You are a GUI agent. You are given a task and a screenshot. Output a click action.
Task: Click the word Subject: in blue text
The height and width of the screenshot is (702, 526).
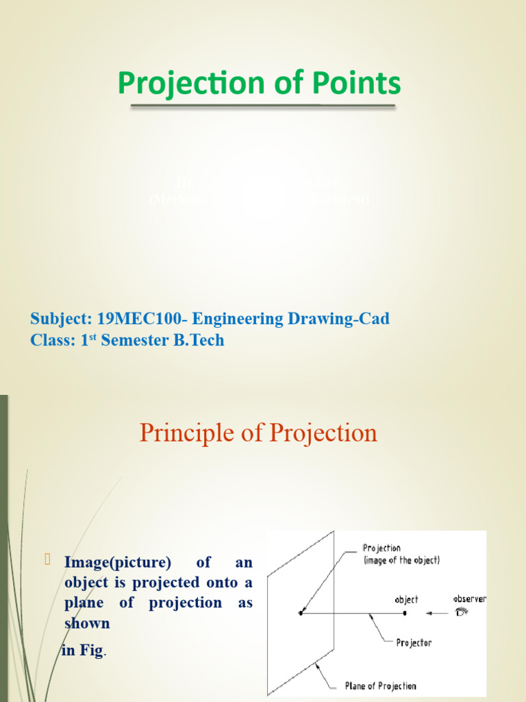(60, 319)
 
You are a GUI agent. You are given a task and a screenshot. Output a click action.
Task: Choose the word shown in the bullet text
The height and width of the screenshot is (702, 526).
(87, 623)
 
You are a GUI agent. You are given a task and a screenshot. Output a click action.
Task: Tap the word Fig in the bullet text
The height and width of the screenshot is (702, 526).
(91, 651)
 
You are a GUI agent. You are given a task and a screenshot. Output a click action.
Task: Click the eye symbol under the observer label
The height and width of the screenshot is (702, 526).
(462, 612)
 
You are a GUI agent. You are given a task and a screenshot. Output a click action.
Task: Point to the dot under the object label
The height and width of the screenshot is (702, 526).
(405, 613)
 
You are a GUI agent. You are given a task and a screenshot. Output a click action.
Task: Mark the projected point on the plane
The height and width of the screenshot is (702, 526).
(301, 613)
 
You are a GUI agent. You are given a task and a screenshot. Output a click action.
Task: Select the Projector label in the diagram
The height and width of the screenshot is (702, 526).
(414, 643)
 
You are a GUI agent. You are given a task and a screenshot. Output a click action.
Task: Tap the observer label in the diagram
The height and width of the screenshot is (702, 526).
(469, 598)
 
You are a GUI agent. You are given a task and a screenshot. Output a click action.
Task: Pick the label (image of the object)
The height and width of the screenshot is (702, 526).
(401, 560)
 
